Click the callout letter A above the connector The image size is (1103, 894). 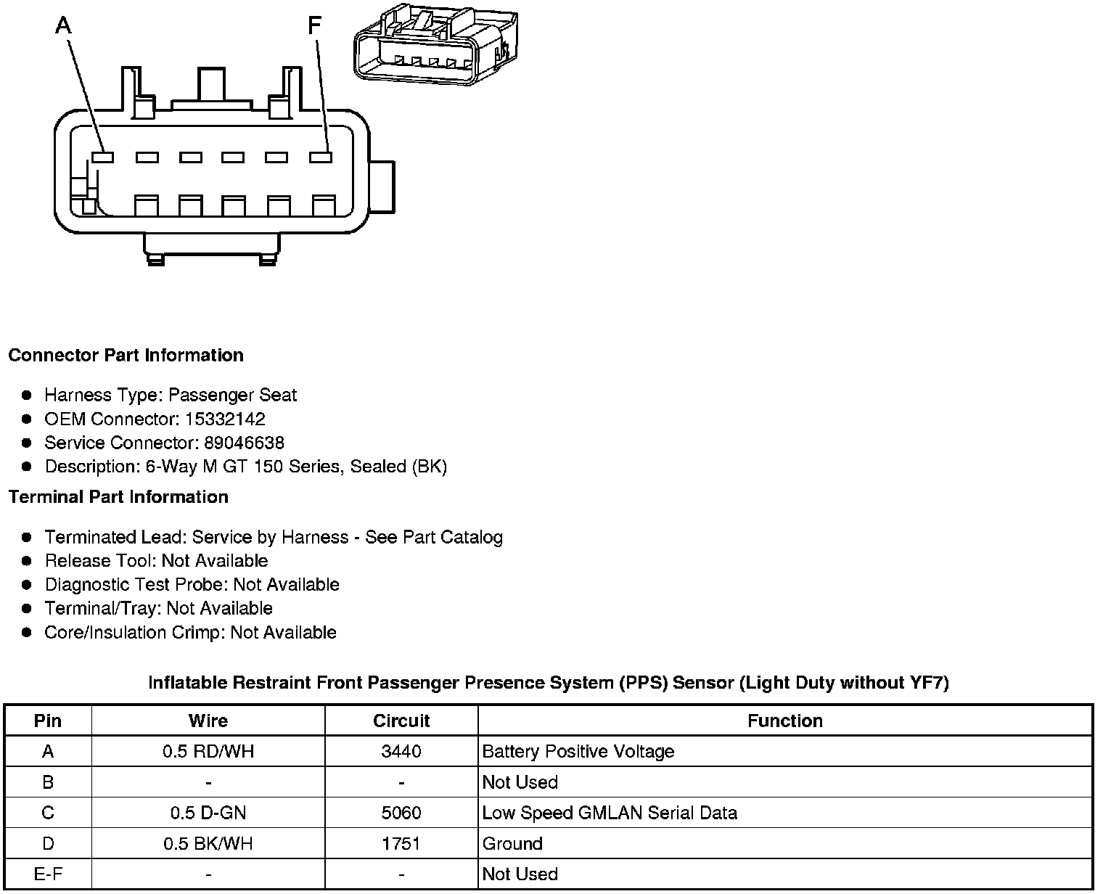click(x=64, y=26)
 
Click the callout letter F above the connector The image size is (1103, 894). click(x=313, y=26)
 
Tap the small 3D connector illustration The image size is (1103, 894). click(x=435, y=44)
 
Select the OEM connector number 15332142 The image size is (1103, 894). click(x=224, y=419)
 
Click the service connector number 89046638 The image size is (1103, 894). click(x=244, y=443)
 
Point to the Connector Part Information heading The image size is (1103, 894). click(x=126, y=356)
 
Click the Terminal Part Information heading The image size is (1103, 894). click(x=118, y=497)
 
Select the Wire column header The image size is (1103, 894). click(x=208, y=721)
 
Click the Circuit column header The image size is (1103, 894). click(x=401, y=721)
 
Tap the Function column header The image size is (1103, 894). click(x=785, y=721)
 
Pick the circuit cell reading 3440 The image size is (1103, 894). click(x=401, y=752)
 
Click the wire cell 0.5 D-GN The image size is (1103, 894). click(x=208, y=813)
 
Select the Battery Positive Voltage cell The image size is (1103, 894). click(x=578, y=752)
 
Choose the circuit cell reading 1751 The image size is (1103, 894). click(x=401, y=844)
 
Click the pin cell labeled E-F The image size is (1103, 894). click(x=48, y=874)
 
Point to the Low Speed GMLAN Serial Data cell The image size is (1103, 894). click(x=610, y=813)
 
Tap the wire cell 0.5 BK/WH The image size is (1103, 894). click(x=208, y=844)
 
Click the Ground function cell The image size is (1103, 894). click(x=512, y=844)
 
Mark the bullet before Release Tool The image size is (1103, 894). click(x=27, y=561)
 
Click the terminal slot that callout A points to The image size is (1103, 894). click(x=103, y=157)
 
